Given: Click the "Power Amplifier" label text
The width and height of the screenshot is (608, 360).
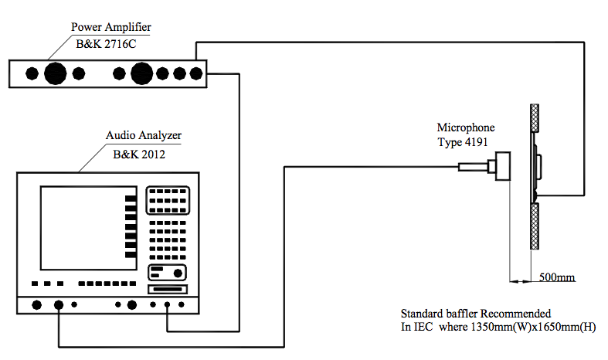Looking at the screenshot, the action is point(111,27).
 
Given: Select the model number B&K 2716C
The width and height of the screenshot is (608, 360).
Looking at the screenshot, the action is point(106,44).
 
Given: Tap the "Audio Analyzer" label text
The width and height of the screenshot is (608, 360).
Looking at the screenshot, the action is point(144,135).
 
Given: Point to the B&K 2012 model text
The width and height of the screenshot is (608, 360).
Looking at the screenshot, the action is point(139,155).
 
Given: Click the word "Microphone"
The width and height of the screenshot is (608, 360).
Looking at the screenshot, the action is point(466,127).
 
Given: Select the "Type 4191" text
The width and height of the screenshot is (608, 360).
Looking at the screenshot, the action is point(463,142).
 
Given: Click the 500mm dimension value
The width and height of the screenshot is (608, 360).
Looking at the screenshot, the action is point(557,277).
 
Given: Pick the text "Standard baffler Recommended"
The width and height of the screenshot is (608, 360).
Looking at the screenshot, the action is point(476,314).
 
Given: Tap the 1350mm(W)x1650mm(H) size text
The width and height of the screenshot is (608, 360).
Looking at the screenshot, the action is point(533,327).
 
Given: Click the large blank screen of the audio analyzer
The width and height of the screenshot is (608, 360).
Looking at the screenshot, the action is point(89,228).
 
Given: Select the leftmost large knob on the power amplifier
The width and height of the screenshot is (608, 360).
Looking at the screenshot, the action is point(56,73).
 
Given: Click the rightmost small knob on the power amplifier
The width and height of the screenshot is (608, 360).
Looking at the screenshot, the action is point(196,73).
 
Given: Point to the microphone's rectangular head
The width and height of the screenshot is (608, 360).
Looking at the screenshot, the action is point(503,166).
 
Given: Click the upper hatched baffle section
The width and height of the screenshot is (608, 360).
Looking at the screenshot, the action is point(535,118).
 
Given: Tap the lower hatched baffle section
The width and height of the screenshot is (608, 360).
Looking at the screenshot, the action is point(535,226).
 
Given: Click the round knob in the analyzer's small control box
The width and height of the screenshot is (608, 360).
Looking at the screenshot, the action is point(178,273).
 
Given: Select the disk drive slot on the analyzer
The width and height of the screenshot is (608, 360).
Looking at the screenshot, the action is point(168,290).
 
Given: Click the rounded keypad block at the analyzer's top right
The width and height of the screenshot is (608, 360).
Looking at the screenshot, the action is point(168,200).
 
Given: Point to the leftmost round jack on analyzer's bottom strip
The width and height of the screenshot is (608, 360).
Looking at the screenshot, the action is point(37,305).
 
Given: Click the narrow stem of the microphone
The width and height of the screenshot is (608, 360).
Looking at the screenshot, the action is point(474,167).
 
